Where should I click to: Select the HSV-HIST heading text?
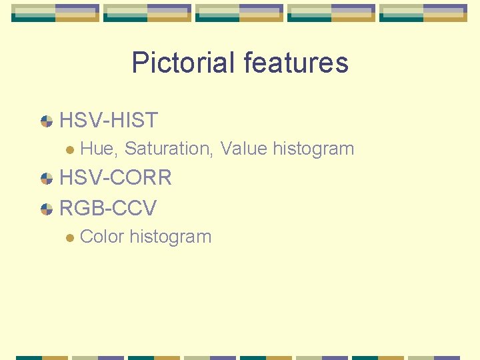pyautogui.click(x=109, y=121)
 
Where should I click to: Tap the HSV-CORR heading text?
pyautogui.click(x=116, y=177)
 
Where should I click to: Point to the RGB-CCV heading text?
pyautogui.click(x=108, y=208)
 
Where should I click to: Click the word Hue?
pyautogui.click(x=96, y=148)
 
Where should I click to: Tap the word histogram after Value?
pyautogui.click(x=313, y=149)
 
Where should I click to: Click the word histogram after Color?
pyautogui.click(x=171, y=237)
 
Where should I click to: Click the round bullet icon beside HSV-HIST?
pyautogui.click(x=47, y=121)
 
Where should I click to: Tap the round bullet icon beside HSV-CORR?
pyautogui.click(x=47, y=178)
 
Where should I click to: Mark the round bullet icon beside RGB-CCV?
pyautogui.click(x=47, y=209)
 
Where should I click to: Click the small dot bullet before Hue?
pyautogui.click(x=69, y=149)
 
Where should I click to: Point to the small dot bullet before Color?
pyautogui.click(x=69, y=237)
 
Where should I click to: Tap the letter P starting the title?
pyautogui.click(x=139, y=63)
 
